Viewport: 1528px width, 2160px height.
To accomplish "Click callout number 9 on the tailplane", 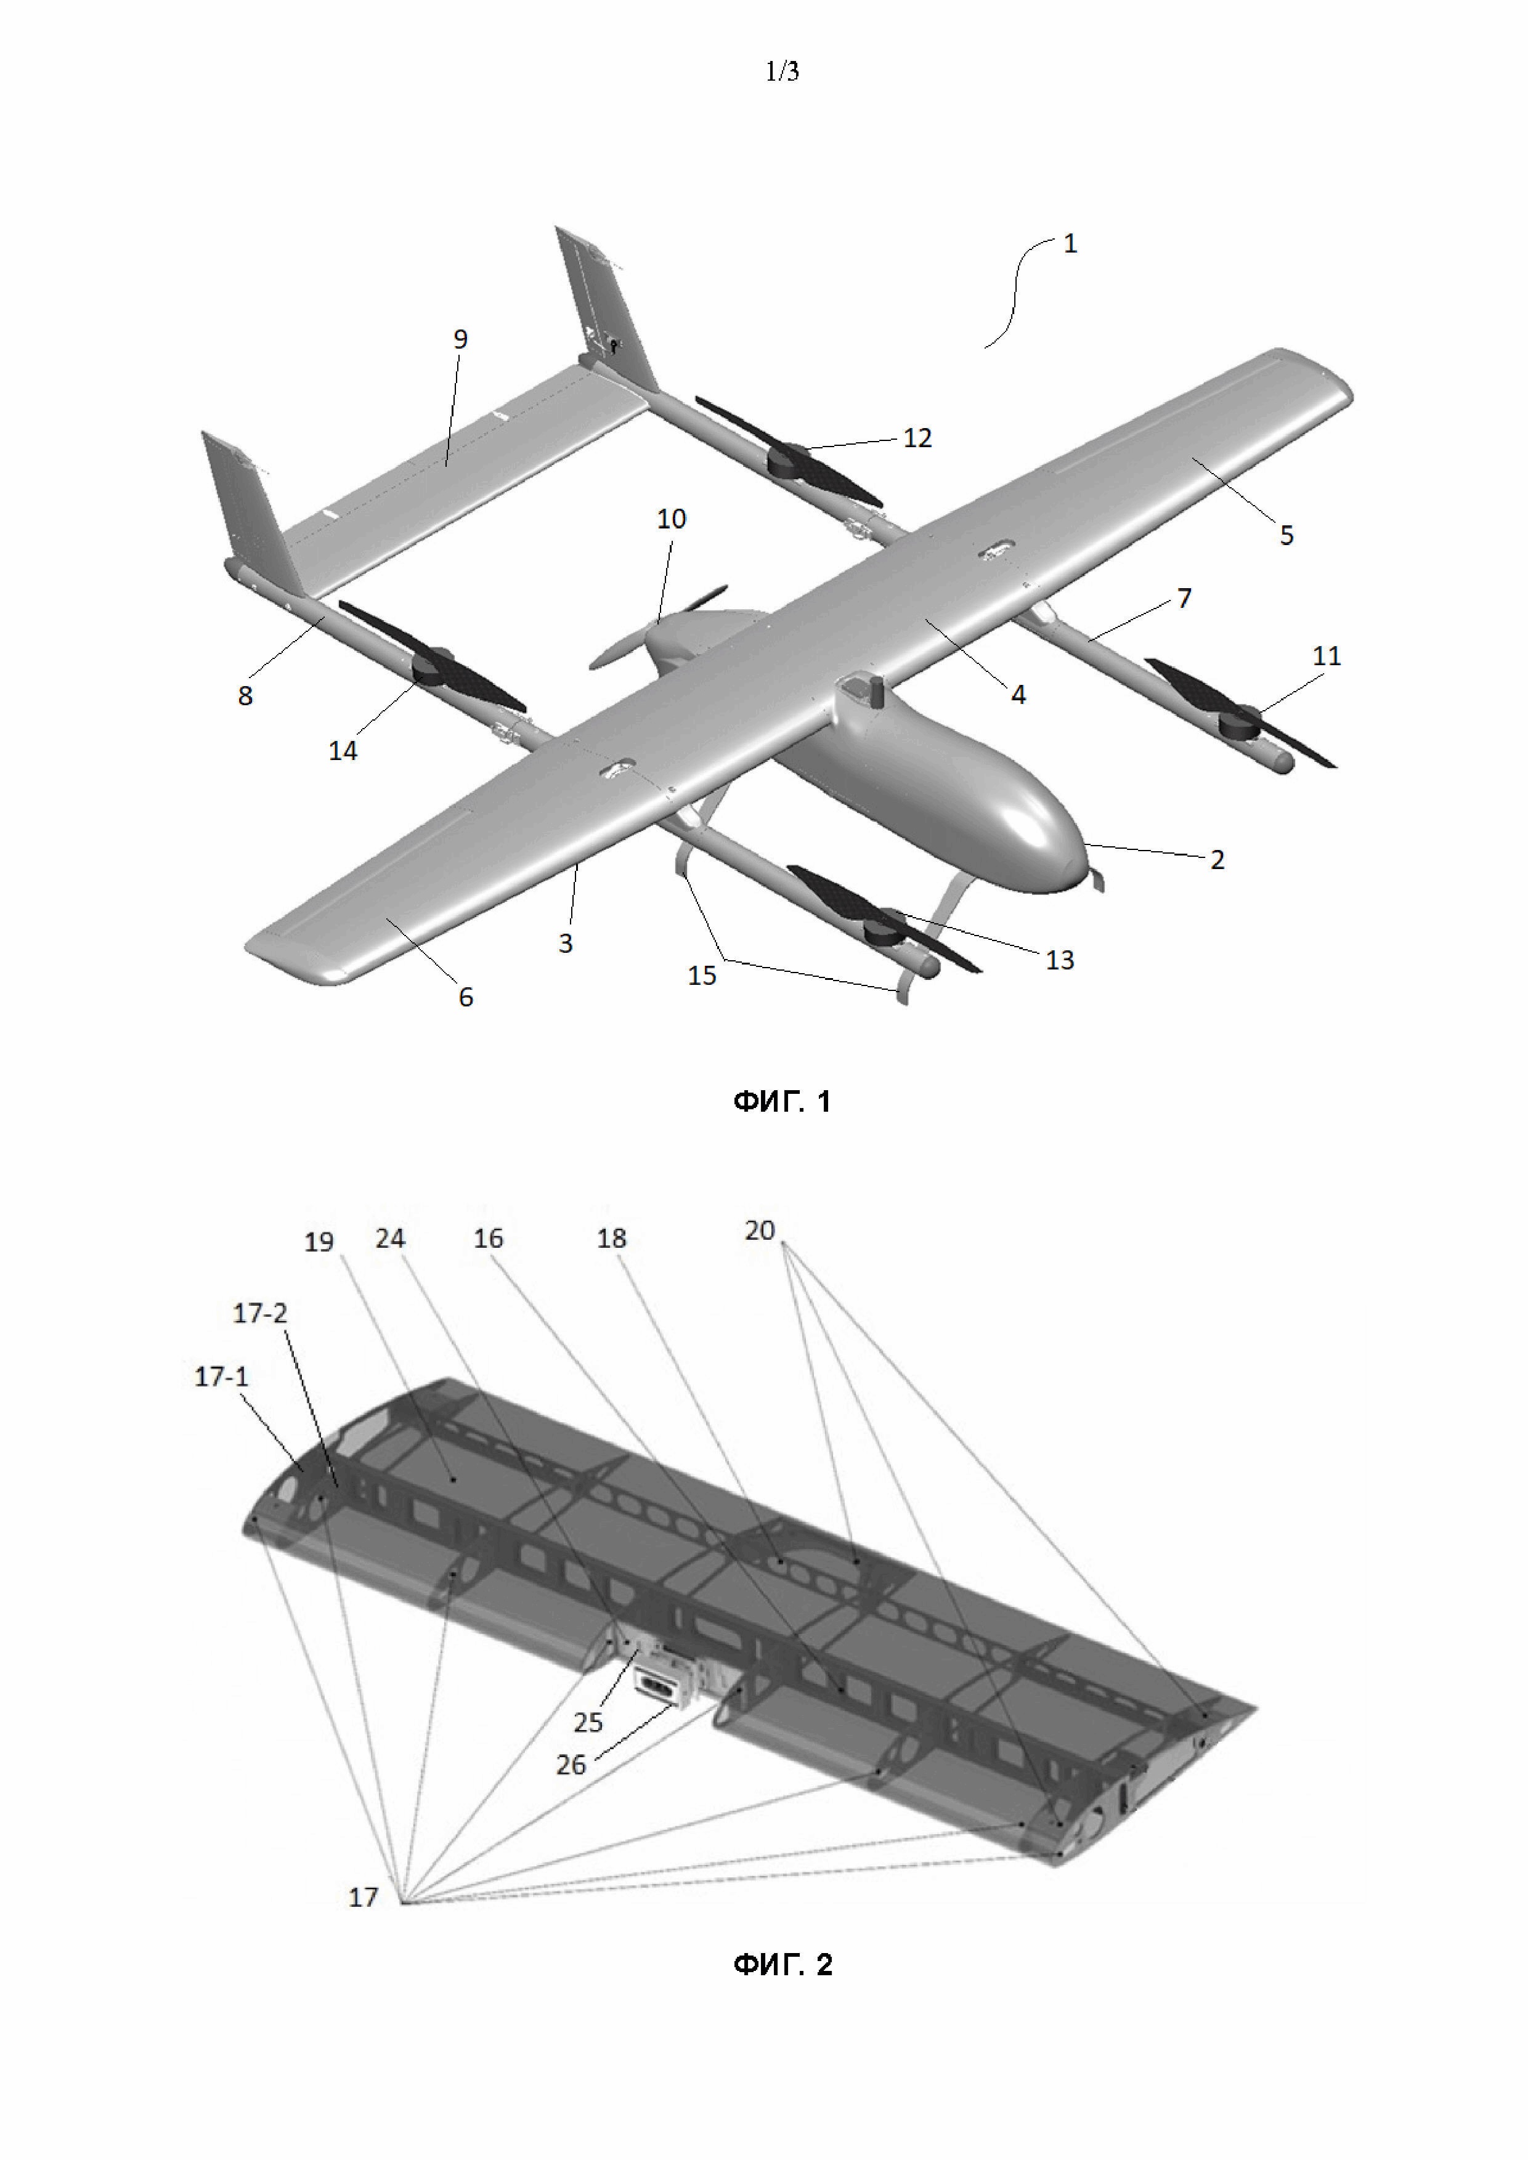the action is [460, 339].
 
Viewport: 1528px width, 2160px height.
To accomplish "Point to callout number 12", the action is [917, 437].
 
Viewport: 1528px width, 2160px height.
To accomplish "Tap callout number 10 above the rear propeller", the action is [671, 519].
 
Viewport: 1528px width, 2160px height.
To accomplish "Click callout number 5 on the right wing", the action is [1286, 535].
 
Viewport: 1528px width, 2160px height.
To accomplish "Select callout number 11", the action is [1327, 656].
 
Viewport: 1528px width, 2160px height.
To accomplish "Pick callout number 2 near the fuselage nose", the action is [1217, 859].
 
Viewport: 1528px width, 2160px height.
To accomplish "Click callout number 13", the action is [1060, 960].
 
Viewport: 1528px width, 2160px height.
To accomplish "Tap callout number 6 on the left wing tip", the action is [466, 997].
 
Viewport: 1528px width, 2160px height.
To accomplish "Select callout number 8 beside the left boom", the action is [245, 695].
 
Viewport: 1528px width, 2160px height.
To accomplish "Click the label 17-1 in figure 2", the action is [221, 1377].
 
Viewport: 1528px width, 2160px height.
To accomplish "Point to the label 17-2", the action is [259, 1313].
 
